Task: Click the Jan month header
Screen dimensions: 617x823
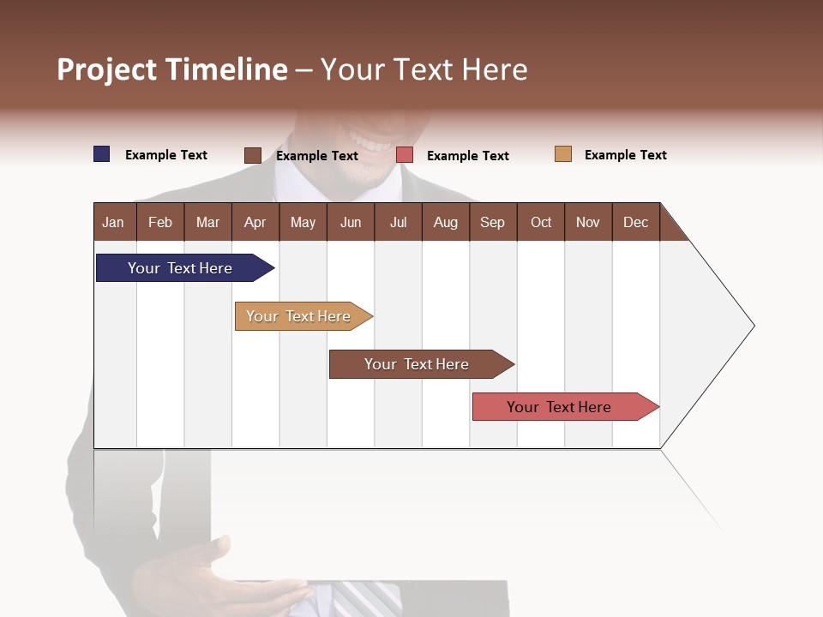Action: [114, 222]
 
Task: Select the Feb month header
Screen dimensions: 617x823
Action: [160, 222]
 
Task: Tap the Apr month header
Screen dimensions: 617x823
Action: [255, 222]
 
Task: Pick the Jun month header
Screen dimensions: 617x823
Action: [351, 222]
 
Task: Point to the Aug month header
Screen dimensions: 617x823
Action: [445, 222]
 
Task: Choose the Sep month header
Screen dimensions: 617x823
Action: [492, 222]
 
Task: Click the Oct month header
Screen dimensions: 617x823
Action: [541, 222]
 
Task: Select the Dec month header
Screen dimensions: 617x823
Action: [635, 222]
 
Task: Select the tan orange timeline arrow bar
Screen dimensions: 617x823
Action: [300, 316]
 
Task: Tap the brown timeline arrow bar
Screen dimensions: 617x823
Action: [418, 364]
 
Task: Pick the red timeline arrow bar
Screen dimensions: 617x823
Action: [561, 407]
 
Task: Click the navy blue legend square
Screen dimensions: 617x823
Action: [102, 154]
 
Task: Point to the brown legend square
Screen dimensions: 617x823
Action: [253, 155]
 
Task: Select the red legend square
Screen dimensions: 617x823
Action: [405, 155]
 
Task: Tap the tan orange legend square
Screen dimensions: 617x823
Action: [563, 154]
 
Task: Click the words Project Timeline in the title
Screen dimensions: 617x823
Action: [171, 69]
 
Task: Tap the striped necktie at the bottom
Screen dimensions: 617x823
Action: [364, 600]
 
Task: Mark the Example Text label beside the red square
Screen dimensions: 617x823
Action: [467, 156]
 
